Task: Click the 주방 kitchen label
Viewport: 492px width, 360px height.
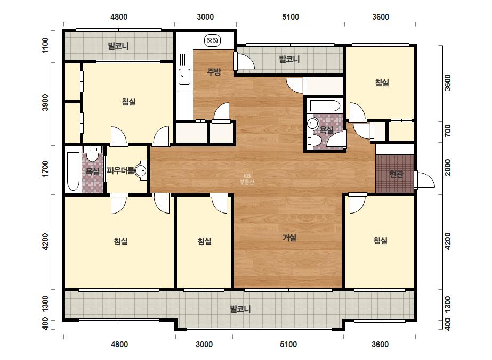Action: [214, 72]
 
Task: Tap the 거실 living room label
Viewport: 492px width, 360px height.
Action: [289, 238]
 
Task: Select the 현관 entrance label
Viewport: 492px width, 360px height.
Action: [396, 174]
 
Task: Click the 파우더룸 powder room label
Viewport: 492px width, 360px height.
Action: [120, 170]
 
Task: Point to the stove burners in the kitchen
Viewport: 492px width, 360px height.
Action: [213, 40]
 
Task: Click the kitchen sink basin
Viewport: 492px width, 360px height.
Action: [184, 77]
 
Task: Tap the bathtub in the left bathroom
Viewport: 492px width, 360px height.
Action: [74, 171]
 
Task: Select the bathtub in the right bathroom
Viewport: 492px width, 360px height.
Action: [325, 105]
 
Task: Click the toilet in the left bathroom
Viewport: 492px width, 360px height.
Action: [92, 154]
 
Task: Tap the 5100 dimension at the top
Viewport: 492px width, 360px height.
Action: [290, 17]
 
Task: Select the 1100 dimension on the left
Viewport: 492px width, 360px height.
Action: [45, 45]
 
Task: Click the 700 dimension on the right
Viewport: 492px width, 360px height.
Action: [448, 131]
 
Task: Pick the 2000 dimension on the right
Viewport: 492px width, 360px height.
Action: [448, 167]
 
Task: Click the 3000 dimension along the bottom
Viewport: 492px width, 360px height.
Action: [204, 345]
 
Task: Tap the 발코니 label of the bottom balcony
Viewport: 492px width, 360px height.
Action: [240, 309]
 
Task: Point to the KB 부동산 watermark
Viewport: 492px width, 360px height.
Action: [247, 179]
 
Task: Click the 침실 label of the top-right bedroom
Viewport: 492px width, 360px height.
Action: [382, 82]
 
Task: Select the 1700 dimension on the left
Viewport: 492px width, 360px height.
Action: [45, 169]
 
